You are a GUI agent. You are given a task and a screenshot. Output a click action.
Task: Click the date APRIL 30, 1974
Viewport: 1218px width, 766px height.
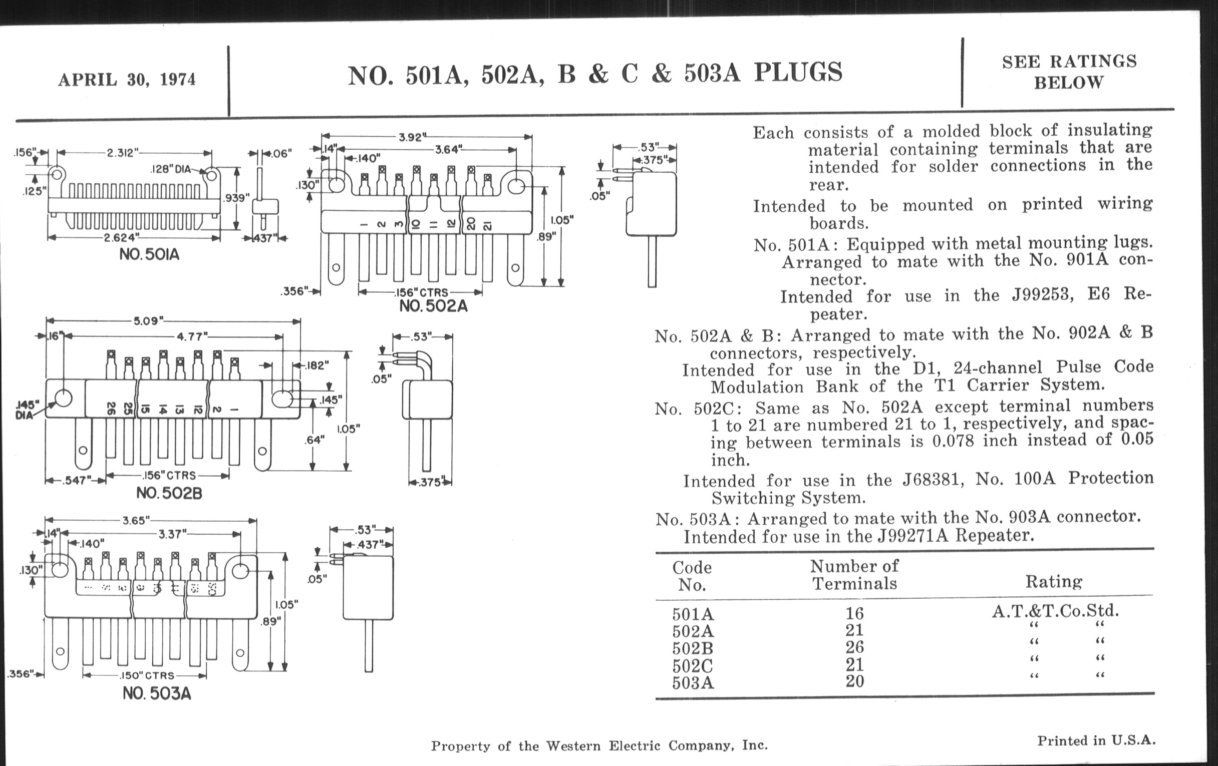(126, 80)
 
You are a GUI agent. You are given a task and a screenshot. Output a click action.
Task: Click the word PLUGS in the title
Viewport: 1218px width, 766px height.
(798, 72)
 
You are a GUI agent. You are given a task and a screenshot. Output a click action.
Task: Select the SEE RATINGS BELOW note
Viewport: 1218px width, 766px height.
(1069, 72)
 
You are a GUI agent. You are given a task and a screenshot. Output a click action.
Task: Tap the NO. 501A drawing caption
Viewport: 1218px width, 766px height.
(149, 254)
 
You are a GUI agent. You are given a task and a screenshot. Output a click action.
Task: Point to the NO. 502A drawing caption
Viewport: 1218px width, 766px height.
(434, 306)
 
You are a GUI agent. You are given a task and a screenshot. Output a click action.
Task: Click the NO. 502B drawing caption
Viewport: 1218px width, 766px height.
(169, 493)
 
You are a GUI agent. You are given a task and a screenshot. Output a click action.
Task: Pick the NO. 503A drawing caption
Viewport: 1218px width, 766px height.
(157, 693)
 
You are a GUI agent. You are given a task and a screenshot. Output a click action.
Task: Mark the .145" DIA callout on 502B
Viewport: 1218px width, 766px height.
(27, 410)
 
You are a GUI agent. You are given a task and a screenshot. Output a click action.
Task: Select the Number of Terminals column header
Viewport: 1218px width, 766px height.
(854, 575)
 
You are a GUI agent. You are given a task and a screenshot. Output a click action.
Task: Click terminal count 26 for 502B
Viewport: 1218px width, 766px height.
(854, 648)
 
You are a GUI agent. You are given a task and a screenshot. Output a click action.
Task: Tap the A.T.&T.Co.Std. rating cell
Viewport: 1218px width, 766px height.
(1055, 611)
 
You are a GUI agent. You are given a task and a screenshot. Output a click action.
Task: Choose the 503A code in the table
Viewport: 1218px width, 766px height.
(693, 683)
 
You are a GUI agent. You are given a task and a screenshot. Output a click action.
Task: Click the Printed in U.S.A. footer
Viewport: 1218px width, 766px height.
(1096, 741)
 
